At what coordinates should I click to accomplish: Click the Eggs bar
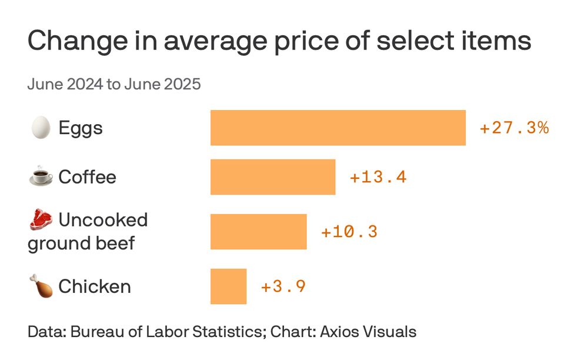338,128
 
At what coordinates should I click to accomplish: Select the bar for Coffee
273,177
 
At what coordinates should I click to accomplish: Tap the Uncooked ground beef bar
259,232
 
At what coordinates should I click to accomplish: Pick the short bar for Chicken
228,286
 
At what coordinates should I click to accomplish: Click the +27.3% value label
514,128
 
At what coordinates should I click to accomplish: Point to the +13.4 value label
378,177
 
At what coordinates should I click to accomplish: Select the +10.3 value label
349,232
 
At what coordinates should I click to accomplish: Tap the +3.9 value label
283,286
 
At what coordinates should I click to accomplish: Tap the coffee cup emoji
40,176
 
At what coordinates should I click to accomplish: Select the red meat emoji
40,220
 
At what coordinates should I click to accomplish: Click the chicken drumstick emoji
40,286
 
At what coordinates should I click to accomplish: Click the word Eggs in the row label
81,128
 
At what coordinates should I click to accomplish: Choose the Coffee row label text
87,177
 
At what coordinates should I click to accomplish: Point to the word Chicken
94,286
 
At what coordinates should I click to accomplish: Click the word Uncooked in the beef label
103,220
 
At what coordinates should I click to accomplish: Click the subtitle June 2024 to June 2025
114,84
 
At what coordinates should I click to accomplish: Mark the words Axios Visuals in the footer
368,331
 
